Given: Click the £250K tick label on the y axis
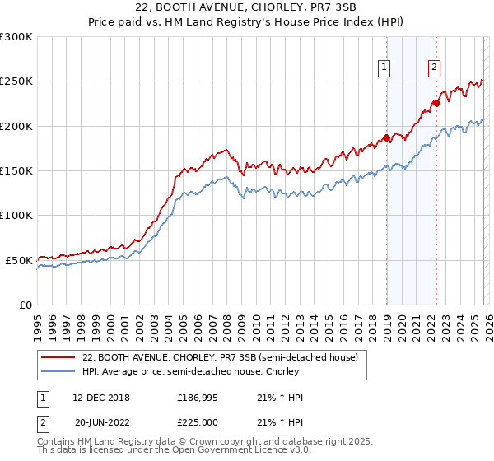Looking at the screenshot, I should (x=16, y=81).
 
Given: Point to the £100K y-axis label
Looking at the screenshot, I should (x=16, y=215).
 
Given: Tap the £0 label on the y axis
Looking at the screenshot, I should (x=25, y=305).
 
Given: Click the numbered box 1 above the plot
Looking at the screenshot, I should (x=385, y=68).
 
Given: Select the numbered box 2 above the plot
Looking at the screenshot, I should (x=434, y=68).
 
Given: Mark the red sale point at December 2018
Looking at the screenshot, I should (x=386, y=138).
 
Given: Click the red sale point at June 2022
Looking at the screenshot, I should (x=437, y=104).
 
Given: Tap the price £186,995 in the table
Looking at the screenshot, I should (x=196, y=398).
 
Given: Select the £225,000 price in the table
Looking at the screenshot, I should (x=196, y=421).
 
